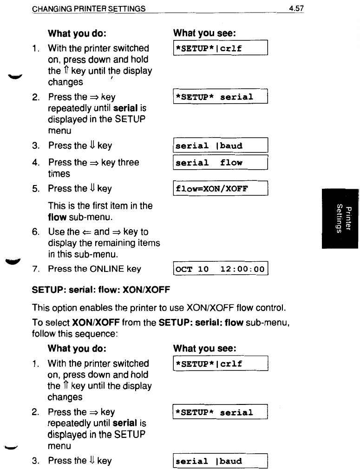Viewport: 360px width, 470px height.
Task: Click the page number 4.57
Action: click(x=296, y=9)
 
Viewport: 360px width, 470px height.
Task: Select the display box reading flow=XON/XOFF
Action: click(x=221, y=189)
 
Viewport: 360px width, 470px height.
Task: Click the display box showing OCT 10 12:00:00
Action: click(x=221, y=269)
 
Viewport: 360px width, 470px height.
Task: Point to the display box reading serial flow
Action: click(x=221, y=163)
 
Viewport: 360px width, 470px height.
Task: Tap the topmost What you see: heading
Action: click(x=204, y=33)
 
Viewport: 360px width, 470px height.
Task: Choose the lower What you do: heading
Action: click(x=78, y=348)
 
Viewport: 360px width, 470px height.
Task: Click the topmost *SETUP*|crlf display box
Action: click(x=221, y=48)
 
